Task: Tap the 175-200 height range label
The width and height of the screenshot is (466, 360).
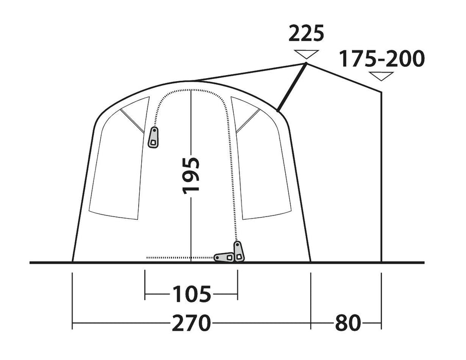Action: tap(382, 59)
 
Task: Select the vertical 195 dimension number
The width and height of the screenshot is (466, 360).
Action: tap(191, 175)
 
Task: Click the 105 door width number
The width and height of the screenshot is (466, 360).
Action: tap(191, 295)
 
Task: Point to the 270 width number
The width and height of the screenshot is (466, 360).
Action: tap(191, 323)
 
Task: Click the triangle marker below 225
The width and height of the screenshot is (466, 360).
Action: tap(306, 53)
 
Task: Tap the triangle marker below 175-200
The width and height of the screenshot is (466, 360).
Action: tap(382, 77)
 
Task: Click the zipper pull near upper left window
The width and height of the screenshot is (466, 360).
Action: tap(153, 138)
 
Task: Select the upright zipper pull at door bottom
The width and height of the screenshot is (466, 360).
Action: tap(238, 251)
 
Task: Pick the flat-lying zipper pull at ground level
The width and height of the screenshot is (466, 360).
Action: tap(223, 257)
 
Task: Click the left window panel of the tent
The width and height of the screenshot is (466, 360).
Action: tap(116, 170)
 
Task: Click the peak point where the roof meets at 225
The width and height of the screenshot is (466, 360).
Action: tap(306, 63)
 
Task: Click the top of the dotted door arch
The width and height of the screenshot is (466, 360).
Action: tap(191, 89)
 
